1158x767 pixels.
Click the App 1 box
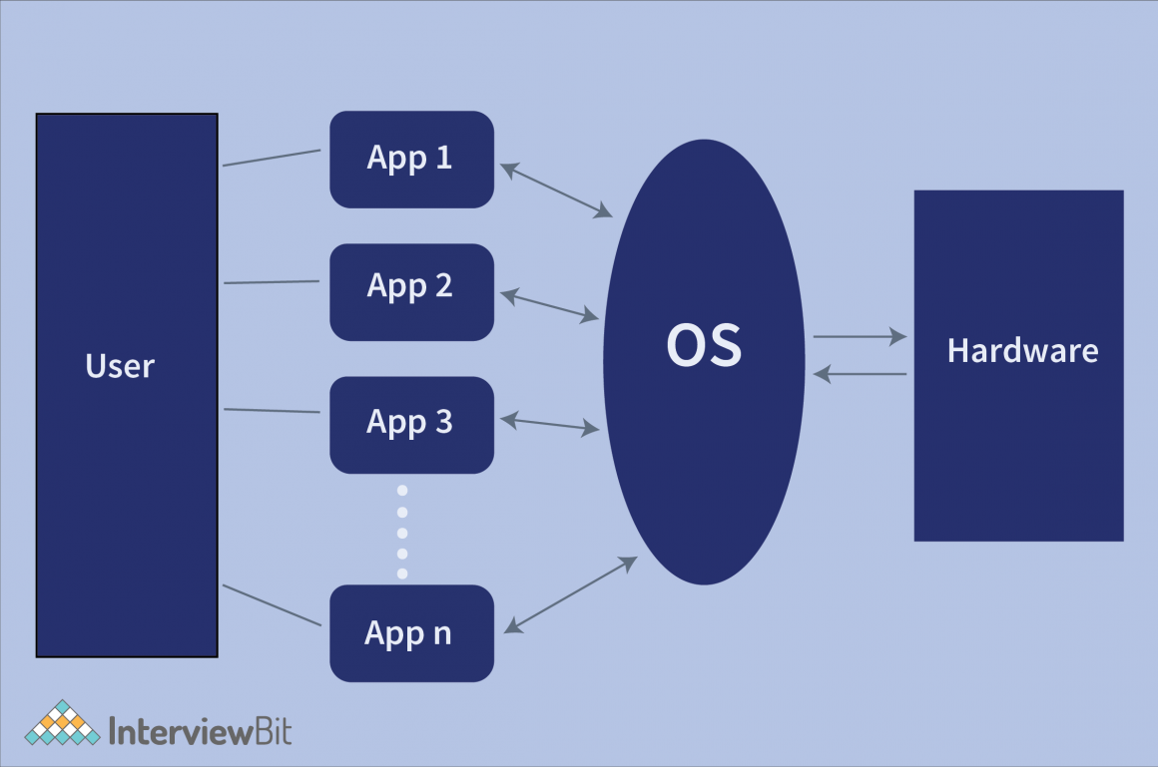[x=411, y=160]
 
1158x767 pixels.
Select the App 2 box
[x=411, y=291]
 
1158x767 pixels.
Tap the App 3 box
[x=411, y=424]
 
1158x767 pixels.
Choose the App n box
[x=411, y=633]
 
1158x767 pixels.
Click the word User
[x=121, y=366]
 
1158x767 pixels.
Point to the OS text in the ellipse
[x=704, y=345]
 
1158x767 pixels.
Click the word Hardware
[x=1022, y=351]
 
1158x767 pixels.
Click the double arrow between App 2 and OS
[x=549, y=305]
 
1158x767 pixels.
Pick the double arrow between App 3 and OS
[x=549, y=425]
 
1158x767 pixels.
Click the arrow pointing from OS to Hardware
[x=860, y=337]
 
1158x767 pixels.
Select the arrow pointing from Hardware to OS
[x=860, y=374]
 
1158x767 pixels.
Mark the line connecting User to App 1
[x=272, y=158]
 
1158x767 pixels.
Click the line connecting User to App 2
[x=272, y=282]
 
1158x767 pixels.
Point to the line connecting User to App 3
[x=272, y=410]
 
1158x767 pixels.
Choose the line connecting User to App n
[x=272, y=605]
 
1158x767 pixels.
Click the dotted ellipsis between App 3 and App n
[x=402, y=532]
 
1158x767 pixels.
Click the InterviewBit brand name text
[x=200, y=731]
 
